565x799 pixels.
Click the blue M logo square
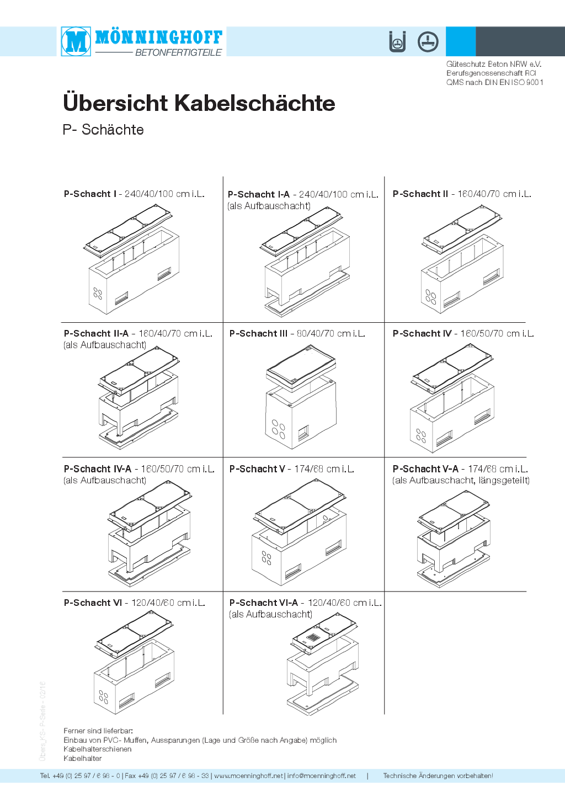pos(76,41)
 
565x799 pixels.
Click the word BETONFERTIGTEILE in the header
pos(178,52)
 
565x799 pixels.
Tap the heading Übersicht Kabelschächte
pos(199,103)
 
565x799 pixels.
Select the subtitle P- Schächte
pos(103,130)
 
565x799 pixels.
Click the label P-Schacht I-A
pos(259,194)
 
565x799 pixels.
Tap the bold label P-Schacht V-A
pos(425,468)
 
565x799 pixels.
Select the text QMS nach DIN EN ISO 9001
pos(495,82)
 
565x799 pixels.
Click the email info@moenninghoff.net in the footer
pos(321,776)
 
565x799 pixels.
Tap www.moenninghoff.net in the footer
pos(248,776)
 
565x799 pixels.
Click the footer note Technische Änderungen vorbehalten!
pos(438,776)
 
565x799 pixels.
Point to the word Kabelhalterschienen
pos(97,749)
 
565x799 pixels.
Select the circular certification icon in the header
pos(428,42)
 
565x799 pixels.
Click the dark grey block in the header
pos(520,41)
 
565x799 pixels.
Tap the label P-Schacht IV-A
pos(97,468)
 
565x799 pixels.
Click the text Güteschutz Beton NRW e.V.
pos(494,64)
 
